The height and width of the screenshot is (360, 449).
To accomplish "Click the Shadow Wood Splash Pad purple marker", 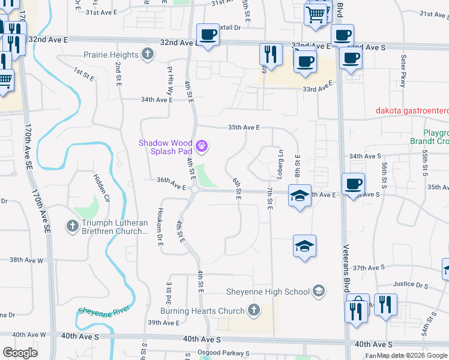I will click(202, 145).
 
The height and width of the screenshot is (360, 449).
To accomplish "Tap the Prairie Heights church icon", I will click(148, 55).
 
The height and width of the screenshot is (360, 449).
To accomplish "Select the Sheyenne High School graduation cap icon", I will click(319, 292).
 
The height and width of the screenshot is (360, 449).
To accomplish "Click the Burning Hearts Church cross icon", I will click(253, 310).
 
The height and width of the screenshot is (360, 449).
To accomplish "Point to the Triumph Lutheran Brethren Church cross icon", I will click(72, 226).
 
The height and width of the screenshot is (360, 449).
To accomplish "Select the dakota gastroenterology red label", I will click(412, 110).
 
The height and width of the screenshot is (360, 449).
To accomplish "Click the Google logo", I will click(20, 353).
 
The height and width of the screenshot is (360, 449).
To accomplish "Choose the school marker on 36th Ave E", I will click(300, 196).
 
